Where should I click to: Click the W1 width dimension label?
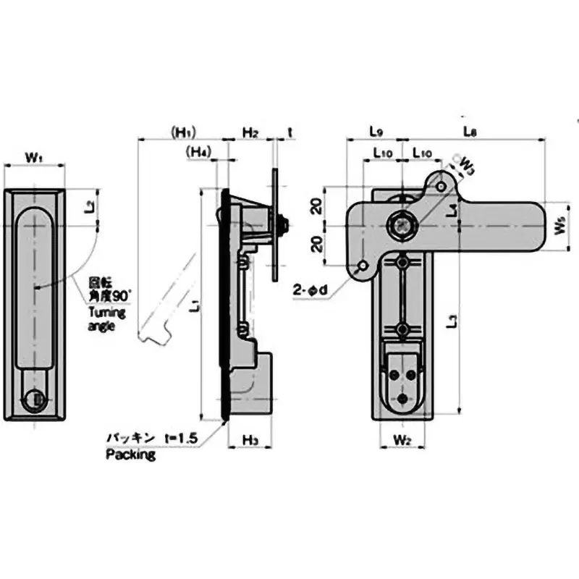34,156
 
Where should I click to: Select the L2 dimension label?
88,208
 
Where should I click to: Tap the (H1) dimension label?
184,132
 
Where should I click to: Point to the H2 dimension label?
250,132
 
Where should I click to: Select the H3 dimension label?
250,439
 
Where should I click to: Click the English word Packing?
131,455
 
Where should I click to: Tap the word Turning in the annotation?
108,313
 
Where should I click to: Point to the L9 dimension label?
376,132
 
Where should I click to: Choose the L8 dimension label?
470,132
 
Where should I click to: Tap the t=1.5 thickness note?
181,438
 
